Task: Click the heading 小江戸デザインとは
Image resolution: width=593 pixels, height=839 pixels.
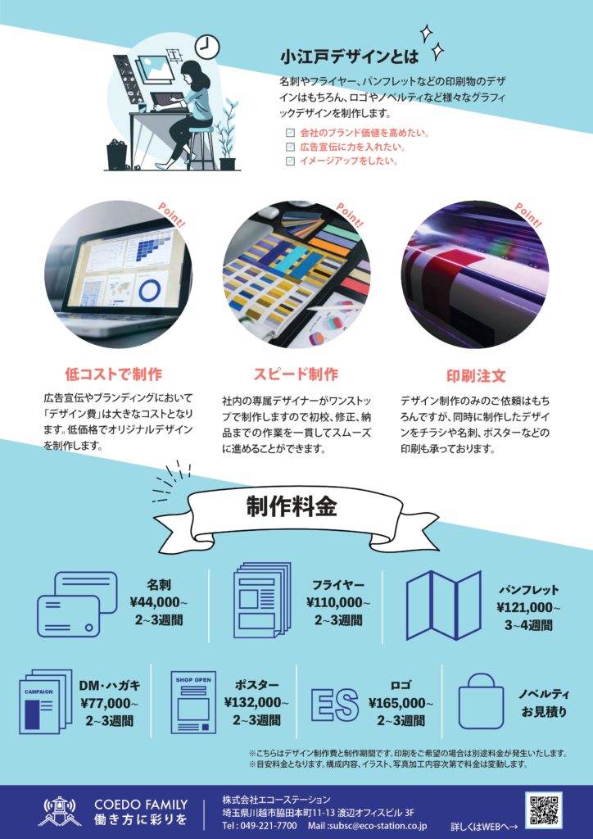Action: pos(349,57)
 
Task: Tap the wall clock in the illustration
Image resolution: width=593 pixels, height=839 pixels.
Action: pos(207,47)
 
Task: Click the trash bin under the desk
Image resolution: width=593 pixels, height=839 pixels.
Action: pos(116,155)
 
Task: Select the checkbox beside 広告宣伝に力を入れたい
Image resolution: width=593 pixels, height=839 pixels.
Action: pos(290,147)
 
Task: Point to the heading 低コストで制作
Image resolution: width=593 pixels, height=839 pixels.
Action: pos(113,374)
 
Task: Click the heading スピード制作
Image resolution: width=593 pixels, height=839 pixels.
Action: pos(296,374)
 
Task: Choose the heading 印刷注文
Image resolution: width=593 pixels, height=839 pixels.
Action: pos(476,375)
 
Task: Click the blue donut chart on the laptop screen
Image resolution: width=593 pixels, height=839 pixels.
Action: pos(150,290)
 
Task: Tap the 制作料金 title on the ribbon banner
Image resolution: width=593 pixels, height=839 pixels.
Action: pos(292,506)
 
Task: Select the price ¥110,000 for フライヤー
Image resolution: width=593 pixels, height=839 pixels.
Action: pos(338,602)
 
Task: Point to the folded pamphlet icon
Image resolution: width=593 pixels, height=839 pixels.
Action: pos(444,605)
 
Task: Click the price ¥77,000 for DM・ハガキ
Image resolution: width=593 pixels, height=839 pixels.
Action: pos(110,703)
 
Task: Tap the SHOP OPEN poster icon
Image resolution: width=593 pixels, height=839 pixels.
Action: pos(193,702)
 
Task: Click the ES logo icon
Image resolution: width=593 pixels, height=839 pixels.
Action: pos(335,705)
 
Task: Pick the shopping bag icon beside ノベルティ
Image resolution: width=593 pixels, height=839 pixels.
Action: pos(482,701)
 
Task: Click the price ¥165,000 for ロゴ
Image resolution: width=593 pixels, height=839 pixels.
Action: pos(401,703)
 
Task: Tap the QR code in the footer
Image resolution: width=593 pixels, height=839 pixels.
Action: pos(543,810)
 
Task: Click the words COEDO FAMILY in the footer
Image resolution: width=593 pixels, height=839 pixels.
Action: pos(141,805)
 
